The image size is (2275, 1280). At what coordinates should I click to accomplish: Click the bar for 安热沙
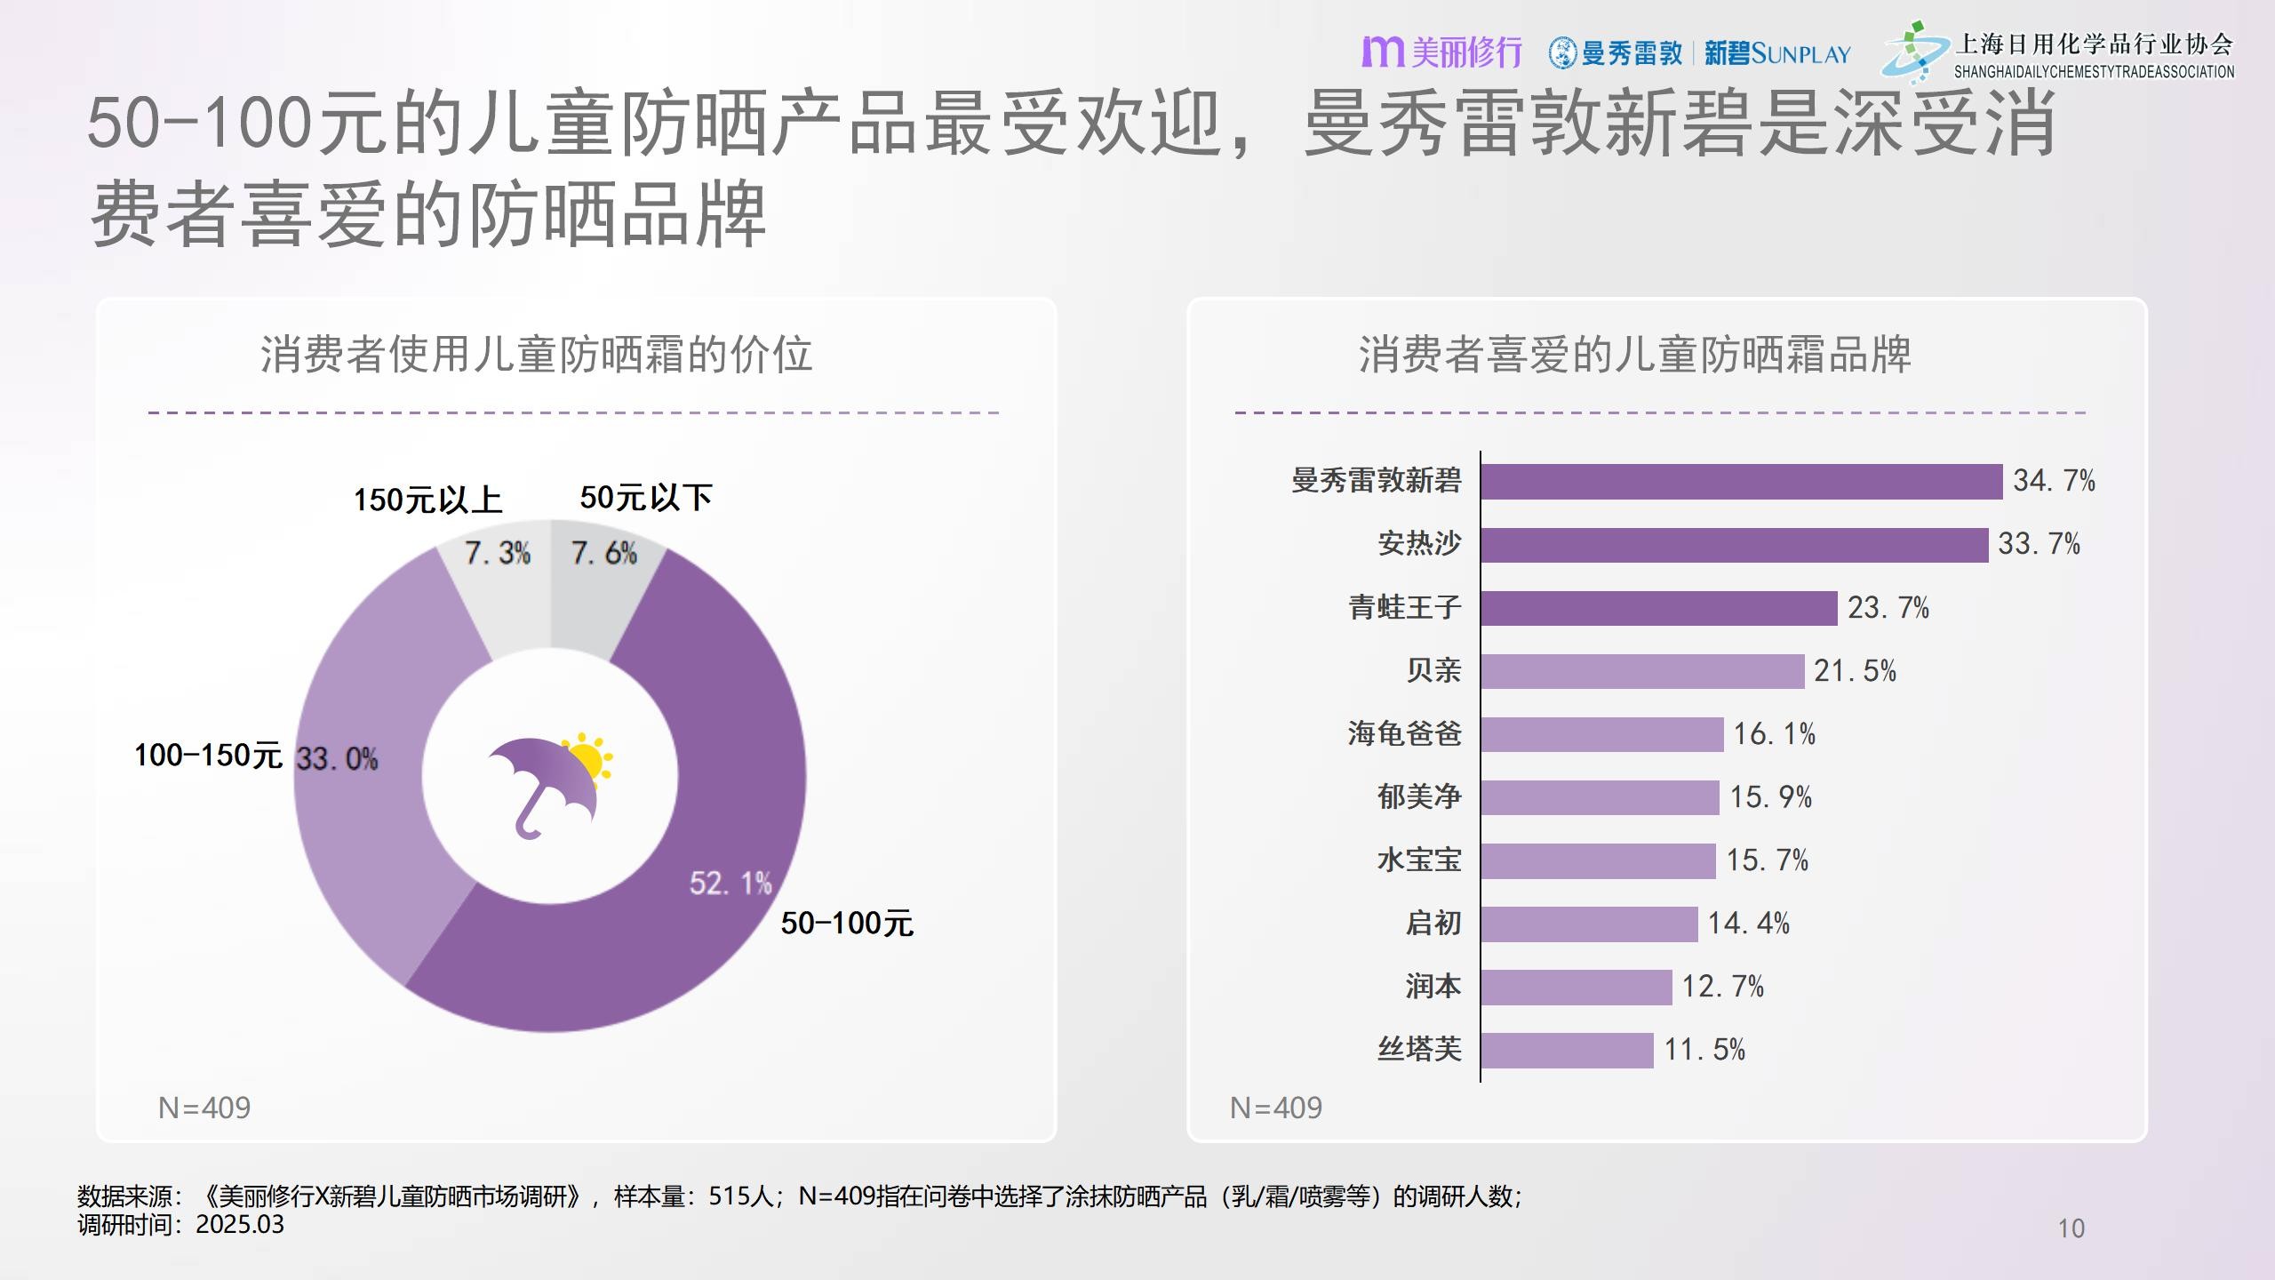pyautogui.click(x=1733, y=545)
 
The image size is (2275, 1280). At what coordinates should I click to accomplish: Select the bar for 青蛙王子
pyautogui.click(x=1658, y=608)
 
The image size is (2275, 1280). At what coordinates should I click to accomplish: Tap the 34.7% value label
pyautogui.click(x=2054, y=481)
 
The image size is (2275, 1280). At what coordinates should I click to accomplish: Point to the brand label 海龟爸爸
pyautogui.click(x=1404, y=734)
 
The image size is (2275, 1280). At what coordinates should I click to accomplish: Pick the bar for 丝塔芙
pyautogui.click(x=1567, y=1050)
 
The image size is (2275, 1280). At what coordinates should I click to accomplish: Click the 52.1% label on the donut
pyautogui.click(x=730, y=883)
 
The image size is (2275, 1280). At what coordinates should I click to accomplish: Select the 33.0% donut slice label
pyautogui.click(x=337, y=759)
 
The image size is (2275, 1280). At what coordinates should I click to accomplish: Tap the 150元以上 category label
pyautogui.click(x=427, y=500)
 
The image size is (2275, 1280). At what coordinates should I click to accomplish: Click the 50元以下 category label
pyautogui.click(x=646, y=498)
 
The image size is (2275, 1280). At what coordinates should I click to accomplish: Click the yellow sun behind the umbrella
pyautogui.click(x=588, y=760)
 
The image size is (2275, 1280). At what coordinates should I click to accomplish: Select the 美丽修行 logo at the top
pyautogui.click(x=1441, y=52)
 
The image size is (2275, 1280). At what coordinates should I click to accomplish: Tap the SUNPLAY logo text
pyautogui.click(x=1800, y=54)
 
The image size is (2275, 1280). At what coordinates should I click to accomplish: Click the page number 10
pyautogui.click(x=2071, y=1228)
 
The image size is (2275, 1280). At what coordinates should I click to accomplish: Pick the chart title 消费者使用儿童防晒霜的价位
pyautogui.click(x=536, y=355)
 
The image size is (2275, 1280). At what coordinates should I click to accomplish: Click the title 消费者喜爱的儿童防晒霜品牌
pyautogui.click(x=1634, y=355)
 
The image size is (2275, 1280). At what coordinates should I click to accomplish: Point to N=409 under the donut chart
pyautogui.click(x=204, y=1108)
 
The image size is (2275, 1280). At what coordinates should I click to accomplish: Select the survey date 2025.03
pyautogui.click(x=240, y=1225)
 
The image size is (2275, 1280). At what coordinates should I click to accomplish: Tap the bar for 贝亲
pyautogui.click(x=1642, y=671)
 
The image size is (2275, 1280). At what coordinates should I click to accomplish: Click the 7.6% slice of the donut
pyautogui.click(x=604, y=569)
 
